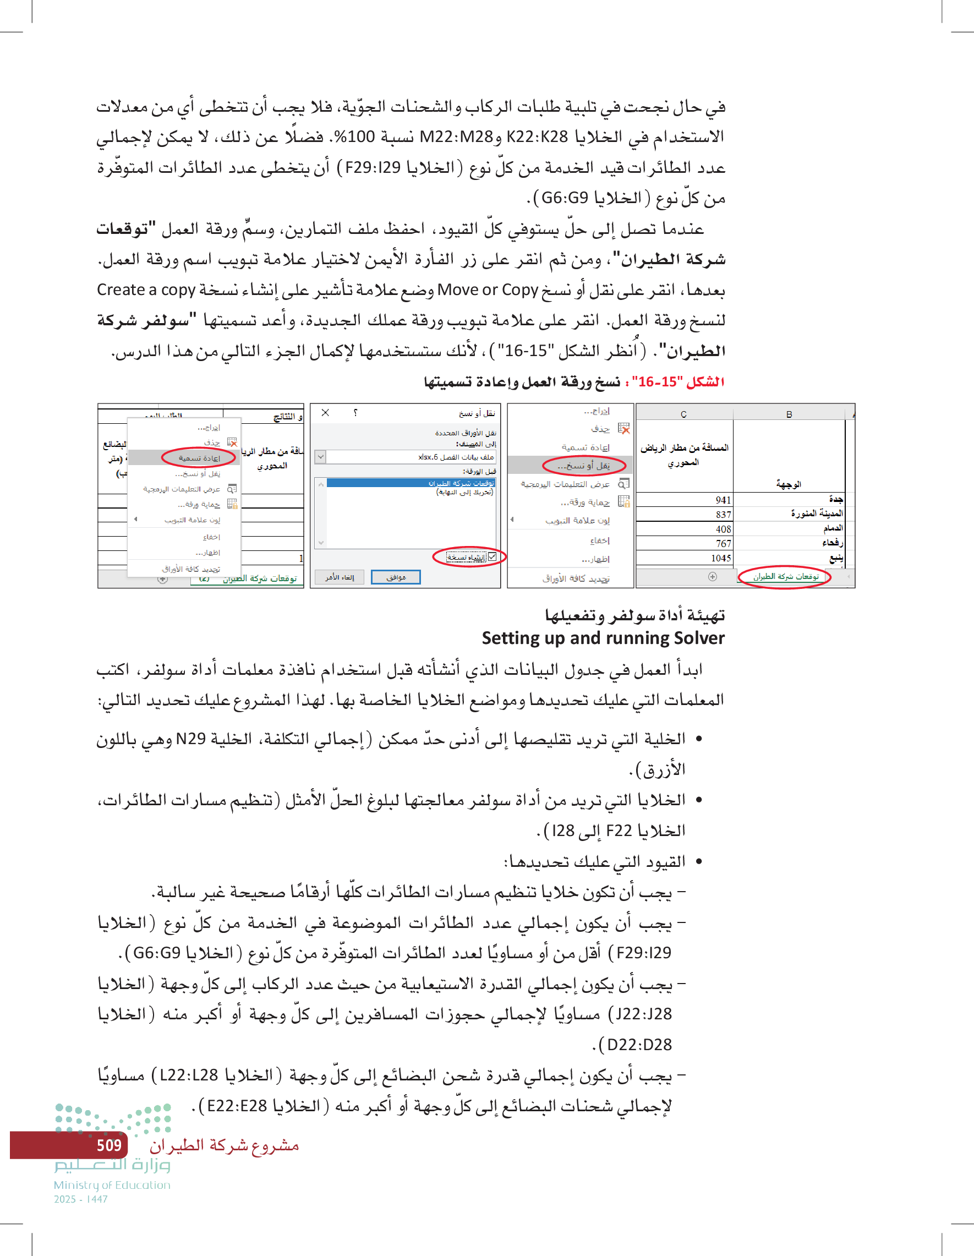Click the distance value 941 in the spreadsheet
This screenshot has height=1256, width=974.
[723, 500]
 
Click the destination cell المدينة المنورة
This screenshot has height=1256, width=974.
[817, 514]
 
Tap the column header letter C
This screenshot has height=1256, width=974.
[683, 414]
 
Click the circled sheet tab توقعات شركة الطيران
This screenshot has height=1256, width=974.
[785, 577]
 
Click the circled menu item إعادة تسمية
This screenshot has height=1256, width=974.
[199, 458]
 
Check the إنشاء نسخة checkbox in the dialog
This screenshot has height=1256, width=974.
[492, 556]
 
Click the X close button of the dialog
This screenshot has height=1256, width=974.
[325, 413]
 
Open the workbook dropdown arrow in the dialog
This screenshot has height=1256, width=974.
[321, 457]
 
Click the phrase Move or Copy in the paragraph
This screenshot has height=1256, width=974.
[488, 290]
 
